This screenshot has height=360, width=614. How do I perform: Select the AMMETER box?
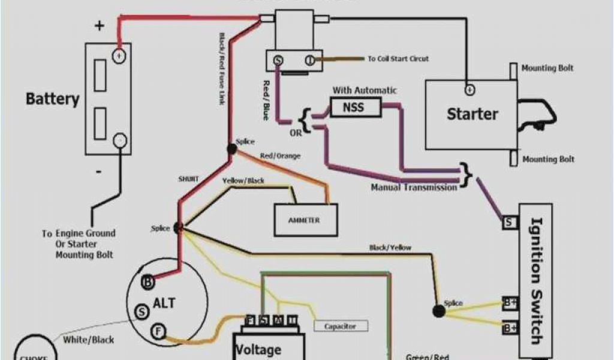[305, 220]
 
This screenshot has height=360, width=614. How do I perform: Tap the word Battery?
[53, 99]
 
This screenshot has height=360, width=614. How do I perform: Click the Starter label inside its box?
[472, 114]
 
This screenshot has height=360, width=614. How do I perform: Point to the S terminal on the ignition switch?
[509, 223]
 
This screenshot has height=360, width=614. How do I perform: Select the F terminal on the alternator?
[158, 331]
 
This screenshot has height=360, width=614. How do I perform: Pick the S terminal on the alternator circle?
[142, 312]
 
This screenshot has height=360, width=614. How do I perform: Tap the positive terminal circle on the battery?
[119, 56]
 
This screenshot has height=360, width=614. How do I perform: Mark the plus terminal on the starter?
[469, 90]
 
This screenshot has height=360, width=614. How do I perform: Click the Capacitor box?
[340, 326]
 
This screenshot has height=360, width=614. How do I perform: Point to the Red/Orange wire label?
[280, 156]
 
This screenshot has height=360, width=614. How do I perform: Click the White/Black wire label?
[89, 340]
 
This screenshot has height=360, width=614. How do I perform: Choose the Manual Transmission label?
[414, 187]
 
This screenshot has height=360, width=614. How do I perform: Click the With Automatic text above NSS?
[365, 91]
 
